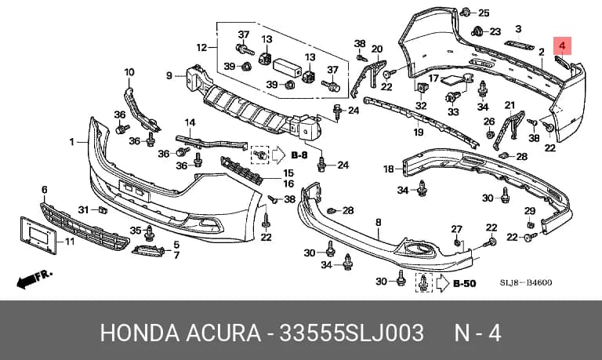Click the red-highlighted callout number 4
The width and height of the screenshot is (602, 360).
[x=562, y=46]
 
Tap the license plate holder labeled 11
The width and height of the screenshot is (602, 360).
[x=38, y=235]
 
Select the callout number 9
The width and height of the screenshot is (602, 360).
[x=169, y=76]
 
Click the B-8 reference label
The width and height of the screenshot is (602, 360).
[x=299, y=155]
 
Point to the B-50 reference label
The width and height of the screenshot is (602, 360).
[x=465, y=284]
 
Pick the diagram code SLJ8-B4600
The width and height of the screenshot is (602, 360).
[x=526, y=283]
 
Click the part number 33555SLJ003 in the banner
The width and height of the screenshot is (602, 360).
[x=351, y=333]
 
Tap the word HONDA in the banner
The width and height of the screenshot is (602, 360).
[x=140, y=333]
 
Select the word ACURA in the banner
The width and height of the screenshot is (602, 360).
[x=223, y=333]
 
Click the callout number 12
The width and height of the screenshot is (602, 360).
[x=202, y=48]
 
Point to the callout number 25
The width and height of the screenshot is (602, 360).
[x=484, y=13]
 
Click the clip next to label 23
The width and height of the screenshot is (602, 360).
[x=477, y=31]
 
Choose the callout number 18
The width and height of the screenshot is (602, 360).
[x=389, y=169]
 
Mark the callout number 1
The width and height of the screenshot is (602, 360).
[x=72, y=142]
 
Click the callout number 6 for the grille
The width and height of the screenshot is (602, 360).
[x=45, y=190]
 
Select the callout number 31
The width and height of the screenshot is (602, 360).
[x=83, y=209]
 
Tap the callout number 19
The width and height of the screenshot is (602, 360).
[x=419, y=133]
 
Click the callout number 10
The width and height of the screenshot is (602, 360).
[x=129, y=72]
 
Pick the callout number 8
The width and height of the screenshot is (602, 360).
[x=379, y=222]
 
